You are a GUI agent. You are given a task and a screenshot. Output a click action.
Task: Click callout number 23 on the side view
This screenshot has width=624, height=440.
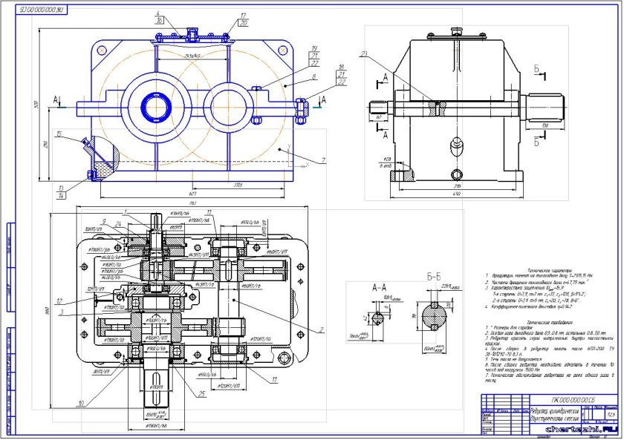coord(365,53)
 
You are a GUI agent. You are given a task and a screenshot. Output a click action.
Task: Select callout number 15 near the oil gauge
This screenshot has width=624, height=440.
coord(58,136)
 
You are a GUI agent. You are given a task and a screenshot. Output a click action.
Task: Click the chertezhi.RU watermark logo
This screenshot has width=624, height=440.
coord(582,428)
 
